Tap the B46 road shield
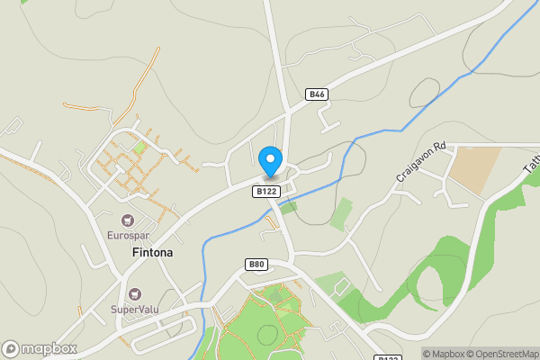(x=316, y=94)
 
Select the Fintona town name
(x=152, y=253)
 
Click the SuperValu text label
(x=135, y=310)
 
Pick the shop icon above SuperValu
(x=135, y=293)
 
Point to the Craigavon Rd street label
(x=421, y=162)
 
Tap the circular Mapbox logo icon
(x=12, y=348)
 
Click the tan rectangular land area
(x=474, y=168)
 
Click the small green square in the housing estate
(x=139, y=147)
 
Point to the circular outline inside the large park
(x=267, y=335)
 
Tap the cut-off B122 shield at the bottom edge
(x=387, y=357)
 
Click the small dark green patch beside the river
(x=288, y=206)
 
